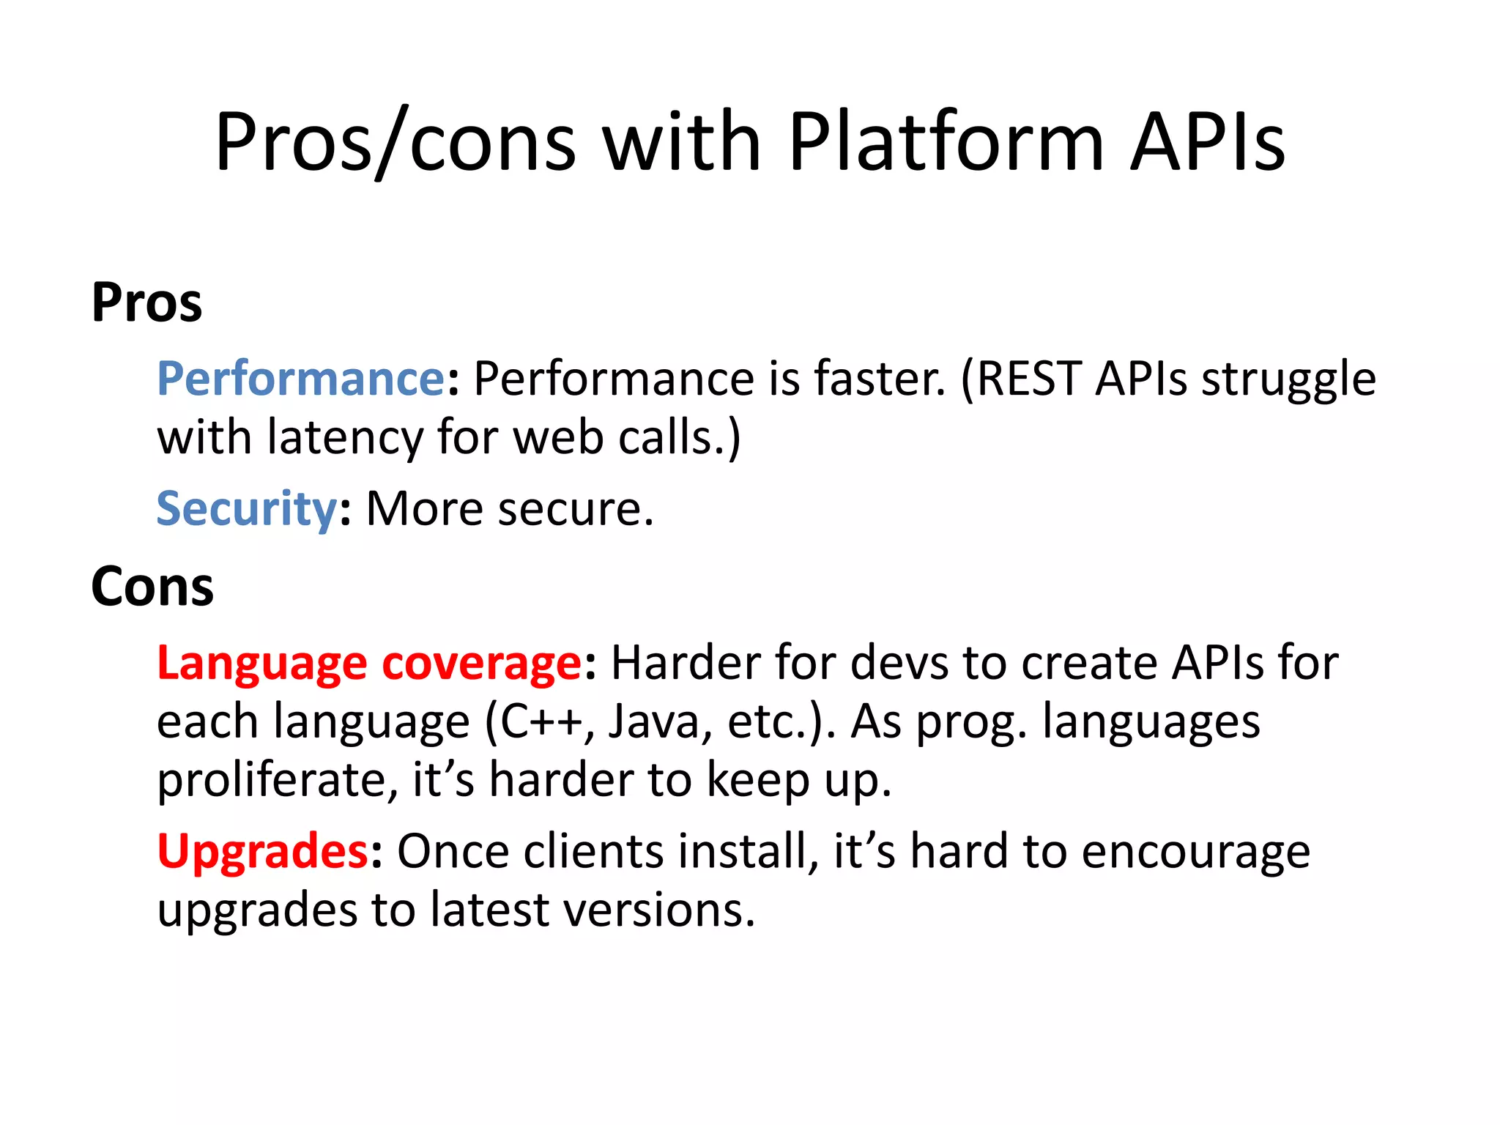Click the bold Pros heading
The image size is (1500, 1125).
[x=146, y=302]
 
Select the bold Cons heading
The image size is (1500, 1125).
[x=152, y=587]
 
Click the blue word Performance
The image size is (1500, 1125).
[x=301, y=379]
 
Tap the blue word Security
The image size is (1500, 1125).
[x=247, y=509]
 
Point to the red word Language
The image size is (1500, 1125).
[x=261, y=664]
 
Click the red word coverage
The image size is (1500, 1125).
[x=482, y=664]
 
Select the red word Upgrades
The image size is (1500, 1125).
[x=263, y=852]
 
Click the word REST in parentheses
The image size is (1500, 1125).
[x=1029, y=379]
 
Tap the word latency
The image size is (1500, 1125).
[x=345, y=438]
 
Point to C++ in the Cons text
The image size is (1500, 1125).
[x=542, y=722]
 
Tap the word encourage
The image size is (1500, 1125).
[x=1195, y=852]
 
